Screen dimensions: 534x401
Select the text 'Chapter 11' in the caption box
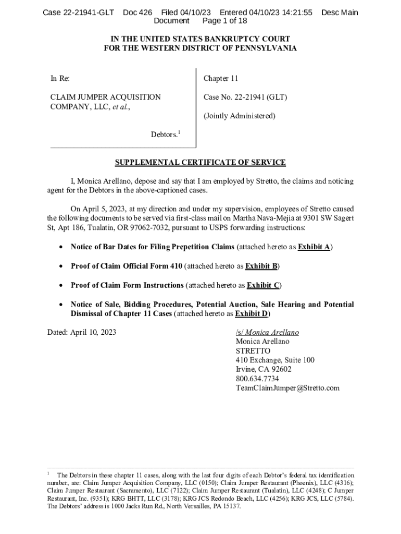point(221,79)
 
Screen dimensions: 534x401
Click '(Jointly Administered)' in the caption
point(239,116)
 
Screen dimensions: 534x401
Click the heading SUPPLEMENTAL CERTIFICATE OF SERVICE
point(200,162)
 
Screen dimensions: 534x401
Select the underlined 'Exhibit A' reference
point(314,247)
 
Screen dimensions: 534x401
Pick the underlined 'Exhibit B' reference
point(261,266)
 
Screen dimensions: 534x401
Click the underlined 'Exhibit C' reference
point(263,285)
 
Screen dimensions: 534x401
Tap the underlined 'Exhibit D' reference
point(252,313)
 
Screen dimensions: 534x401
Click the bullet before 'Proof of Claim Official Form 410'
point(62,266)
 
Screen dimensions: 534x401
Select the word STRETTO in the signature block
point(253,351)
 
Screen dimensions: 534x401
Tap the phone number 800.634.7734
point(257,379)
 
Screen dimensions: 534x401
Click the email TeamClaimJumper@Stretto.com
point(287,388)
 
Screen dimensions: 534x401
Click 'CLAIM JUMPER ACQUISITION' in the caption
point(105,97)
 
